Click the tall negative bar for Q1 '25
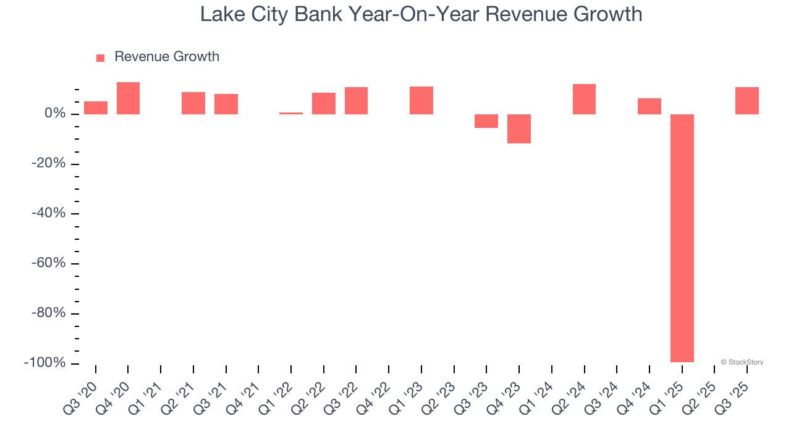pos(682,238)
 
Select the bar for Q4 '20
pos(128,98)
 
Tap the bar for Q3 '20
pos(96,108)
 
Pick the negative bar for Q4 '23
pos(519,129)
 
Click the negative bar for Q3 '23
pos(486,121)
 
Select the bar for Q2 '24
pos(584,99)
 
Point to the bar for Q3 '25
pos(747,101)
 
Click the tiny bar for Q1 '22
pos(291,113)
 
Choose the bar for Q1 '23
pos(421,100)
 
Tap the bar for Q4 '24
pos(649,106)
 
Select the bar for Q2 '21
pos(193,103)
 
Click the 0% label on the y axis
pos(54,114)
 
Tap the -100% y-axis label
pos(44,363)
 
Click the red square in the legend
pos(100,57)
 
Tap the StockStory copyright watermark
pos(742,362)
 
